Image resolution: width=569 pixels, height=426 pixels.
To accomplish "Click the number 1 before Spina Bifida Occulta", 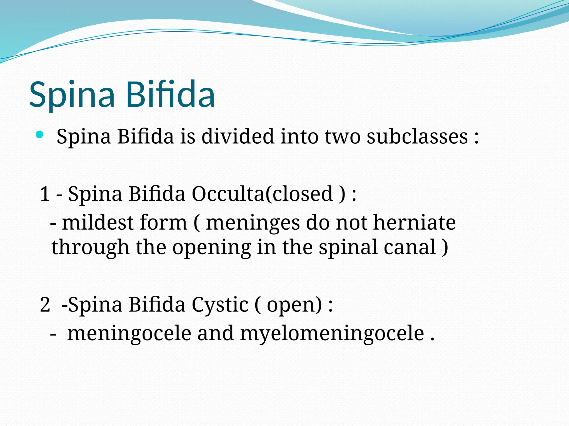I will point(45,194).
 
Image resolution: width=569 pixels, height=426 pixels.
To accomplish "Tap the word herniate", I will point(414,223).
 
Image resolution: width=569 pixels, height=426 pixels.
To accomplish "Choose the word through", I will point(91,247).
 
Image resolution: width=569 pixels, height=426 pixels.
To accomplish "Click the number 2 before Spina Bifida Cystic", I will point(45,305).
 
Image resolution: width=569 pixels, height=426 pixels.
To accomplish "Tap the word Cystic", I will point(220,305).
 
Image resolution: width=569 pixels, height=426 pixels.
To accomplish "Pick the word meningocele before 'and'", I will point(129,334).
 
